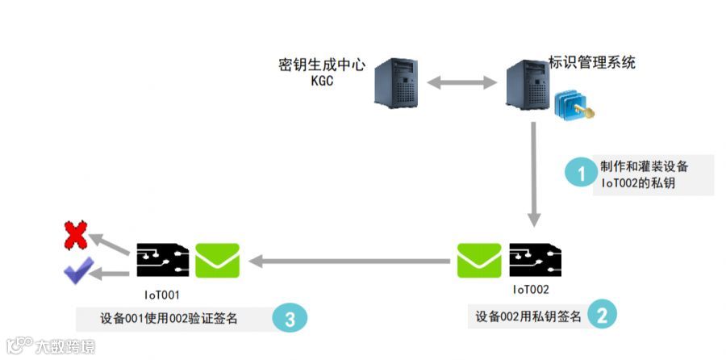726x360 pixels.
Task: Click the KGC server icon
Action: pyautogui.click(x=395, y=82)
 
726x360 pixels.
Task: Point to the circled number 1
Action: pyautogui.click(x=578, y=174)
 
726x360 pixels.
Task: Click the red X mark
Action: pyautogui.click(x=76, y=237)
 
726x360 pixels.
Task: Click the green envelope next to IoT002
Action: pyautogui.click(x=478, y=260)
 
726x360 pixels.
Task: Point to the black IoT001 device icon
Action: pyautogui.click(x=162, y=260)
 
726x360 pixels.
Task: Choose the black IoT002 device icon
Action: pyautogui.click(x=535, y=260)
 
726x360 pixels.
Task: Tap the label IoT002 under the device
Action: pyautogui.click(x=531, y=289)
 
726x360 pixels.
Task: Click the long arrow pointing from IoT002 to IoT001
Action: pyautogui.click(x=350, y=261)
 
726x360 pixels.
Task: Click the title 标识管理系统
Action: pyautogui.click(x=591, y=62)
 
